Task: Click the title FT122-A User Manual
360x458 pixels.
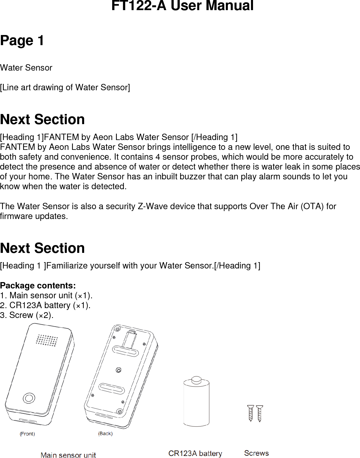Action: [182, 6]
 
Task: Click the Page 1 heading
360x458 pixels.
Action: [22, 41]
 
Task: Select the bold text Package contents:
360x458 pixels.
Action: [38, 286]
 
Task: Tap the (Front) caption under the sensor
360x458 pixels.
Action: [27, 434]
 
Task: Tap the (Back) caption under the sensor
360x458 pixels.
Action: [105, 433]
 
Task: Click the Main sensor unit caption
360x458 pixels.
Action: [68, 455]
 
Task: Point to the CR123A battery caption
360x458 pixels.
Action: [195, 453]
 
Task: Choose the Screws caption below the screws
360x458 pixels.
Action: [256, 453]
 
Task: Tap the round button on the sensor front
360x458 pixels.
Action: [29, 398]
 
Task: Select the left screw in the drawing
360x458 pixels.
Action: [250, 413]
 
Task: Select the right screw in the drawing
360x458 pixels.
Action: [260, 413]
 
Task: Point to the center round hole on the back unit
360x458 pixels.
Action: [118, 370]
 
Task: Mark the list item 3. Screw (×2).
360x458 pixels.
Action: [27, 315]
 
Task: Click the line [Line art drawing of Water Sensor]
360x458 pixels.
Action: [65, 87]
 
